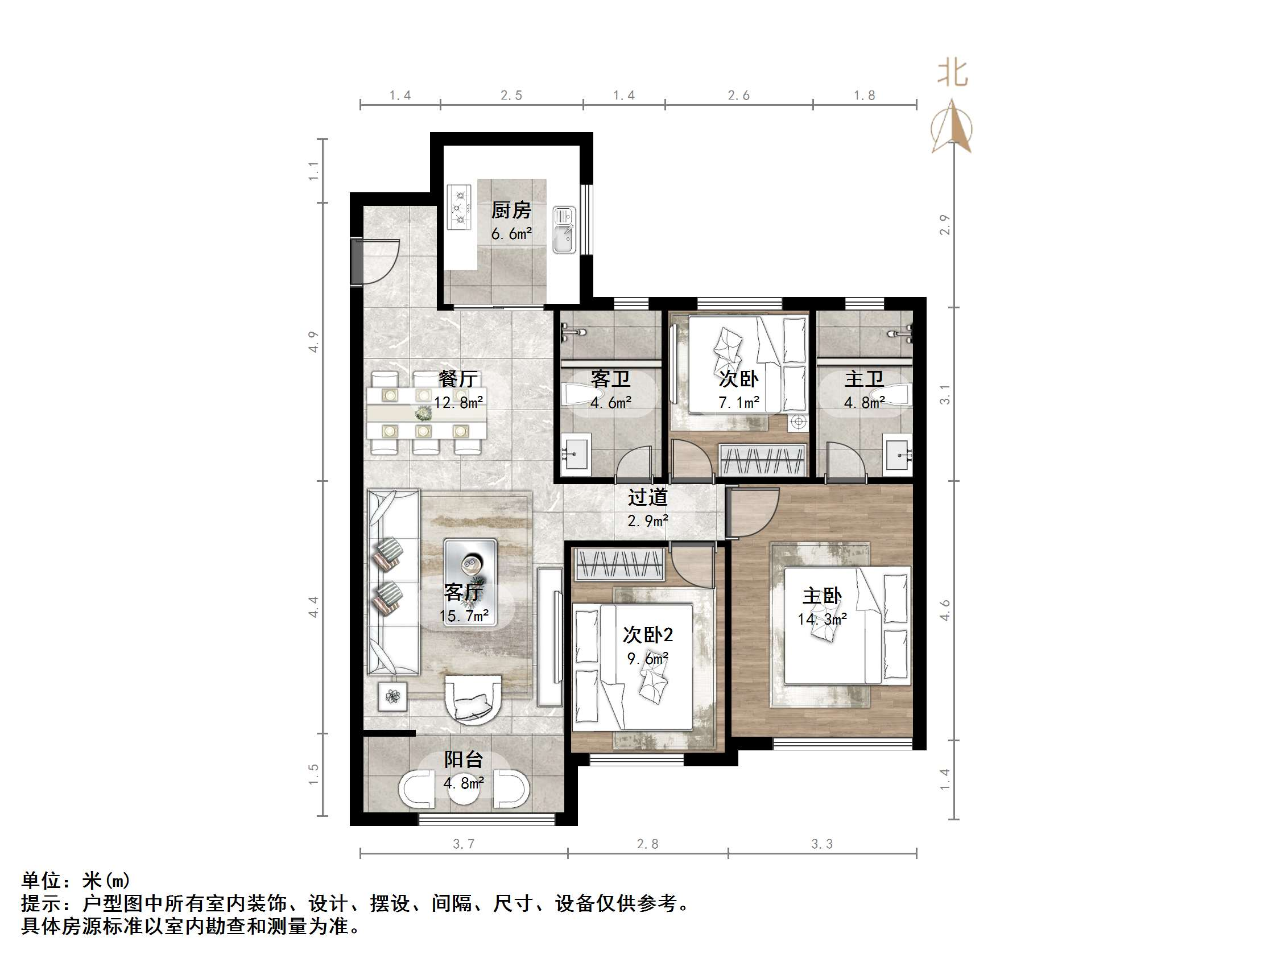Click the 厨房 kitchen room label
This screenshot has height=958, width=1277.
point(511,210)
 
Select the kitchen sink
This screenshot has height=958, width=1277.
point(564,230)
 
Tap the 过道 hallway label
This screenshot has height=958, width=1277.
point(648,497)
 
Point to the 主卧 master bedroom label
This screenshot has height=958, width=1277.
point(822,596)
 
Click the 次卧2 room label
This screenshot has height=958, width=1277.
point(648,635)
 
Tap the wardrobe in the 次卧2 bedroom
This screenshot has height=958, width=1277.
point(619,564)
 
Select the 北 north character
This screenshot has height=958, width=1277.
point(952,73)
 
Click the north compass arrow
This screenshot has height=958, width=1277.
point(952,127)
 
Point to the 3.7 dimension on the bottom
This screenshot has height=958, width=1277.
point(464,844)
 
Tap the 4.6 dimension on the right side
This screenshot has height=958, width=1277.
point(945,610)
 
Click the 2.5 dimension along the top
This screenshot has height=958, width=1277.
point(511,95)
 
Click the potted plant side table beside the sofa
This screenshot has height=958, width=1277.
point(392,696)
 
